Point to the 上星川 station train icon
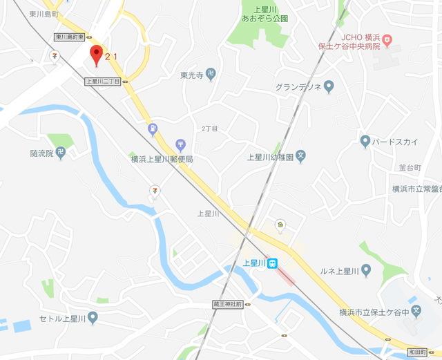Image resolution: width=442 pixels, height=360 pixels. [x=273, y=263]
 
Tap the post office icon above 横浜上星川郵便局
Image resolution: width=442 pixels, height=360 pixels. [x=180, y=144]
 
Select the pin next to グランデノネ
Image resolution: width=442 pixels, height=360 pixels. [x=329, y=87]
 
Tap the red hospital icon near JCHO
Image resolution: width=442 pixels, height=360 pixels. [x=387, y=41]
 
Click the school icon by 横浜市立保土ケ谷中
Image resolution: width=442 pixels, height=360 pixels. [x=416, y=312]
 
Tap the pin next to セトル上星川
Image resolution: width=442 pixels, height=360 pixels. [x=93, y=319]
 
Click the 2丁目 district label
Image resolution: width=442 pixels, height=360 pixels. [x=209, y=129]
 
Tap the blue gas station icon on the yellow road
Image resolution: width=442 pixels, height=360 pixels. [x=152, y=129]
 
